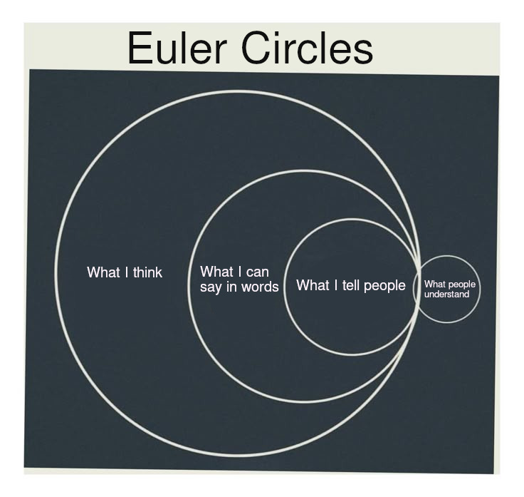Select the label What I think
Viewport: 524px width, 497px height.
(x=125, y=272)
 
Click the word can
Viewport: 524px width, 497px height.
(x=256, y=272)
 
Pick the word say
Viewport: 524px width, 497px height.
(x=211, y=288)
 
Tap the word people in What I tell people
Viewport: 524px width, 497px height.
(x=384, y=285)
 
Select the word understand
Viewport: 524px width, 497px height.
(x=446, y=294)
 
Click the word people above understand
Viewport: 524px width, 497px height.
(x=461, y=285)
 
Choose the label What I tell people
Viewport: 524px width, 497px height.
(x=350, y=285)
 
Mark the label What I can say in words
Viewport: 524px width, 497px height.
(x=239, y=280)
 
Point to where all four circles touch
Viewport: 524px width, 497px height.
(x=418, y=289)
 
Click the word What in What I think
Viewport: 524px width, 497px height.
(x=103, y=272)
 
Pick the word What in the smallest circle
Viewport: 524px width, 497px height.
(x=434, y=285)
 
